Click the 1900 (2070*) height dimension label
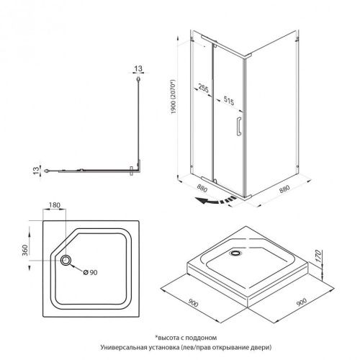pyautogui.click(x=174, y=96)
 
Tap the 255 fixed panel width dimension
pyautogui.click(x=204, y=88)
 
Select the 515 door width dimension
pyautogui.click(x=229, y=101)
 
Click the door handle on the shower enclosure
pyautogui.click(x=239, y=126)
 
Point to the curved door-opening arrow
pyautogui.click(x=215, y=200)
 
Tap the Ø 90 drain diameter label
pyautogui.click(x=90, y=272)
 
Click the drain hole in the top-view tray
pyautogui.click(x=66, y=260)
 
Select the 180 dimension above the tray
pyautogui.click(x=55, y=205)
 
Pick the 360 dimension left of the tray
pyautogui.click(x=25, y=250)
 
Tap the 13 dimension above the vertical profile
pyautogui.click(x=138, y=68)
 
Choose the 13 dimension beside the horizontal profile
pyautogui.click(x=36, y=171)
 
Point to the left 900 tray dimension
pyautogui.click(x=193, y=303)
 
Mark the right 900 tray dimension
pyautogui.click(x=302, y=302)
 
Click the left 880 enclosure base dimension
pyautogui.click(x=202, y=189)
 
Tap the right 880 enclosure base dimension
pyautogui.click(x=284, y=189)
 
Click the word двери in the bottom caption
pyautogui.click(x=261, y=348)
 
